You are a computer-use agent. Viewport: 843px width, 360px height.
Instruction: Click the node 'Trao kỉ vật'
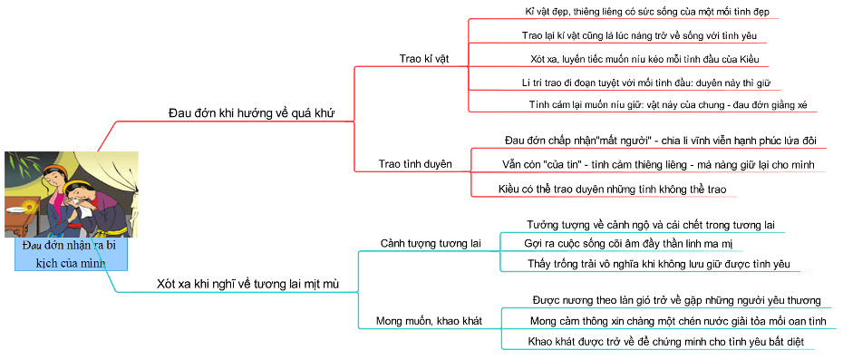point(423,58)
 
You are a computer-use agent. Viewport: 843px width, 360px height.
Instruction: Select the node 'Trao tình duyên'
point(415,164)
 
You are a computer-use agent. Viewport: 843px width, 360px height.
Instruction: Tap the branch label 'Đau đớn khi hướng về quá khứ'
point(251,112)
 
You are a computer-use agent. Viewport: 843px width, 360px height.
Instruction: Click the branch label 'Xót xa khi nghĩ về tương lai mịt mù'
point(247,284)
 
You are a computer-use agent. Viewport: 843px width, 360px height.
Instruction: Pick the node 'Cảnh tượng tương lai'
point(430,244)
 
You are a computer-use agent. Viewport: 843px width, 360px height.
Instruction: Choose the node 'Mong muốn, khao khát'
point(428,321)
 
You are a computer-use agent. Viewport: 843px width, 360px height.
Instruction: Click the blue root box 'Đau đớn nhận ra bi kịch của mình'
point(71,254)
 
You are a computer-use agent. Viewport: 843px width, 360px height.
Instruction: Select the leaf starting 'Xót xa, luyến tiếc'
point(643,59)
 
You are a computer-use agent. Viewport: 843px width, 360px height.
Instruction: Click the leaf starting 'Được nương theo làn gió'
point(675,300)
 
